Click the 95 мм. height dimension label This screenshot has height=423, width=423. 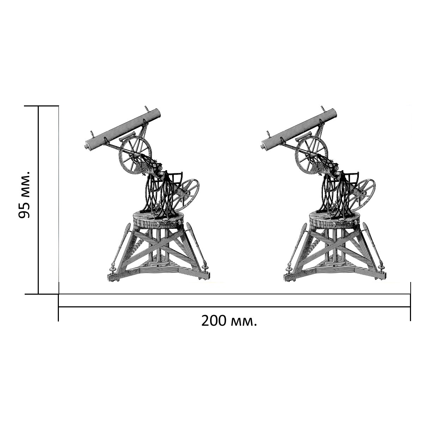point(24,194)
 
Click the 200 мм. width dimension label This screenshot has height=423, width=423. point(229,321)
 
